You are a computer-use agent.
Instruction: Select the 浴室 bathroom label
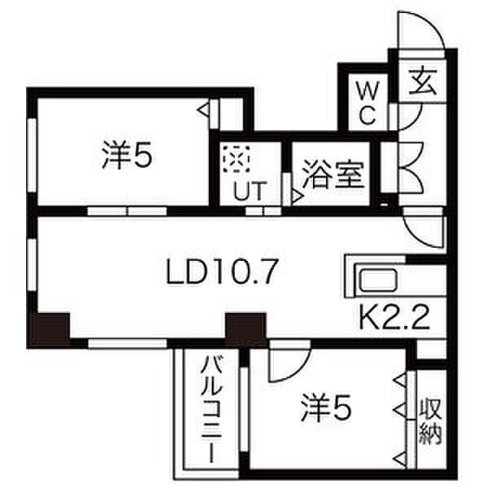[333, 177]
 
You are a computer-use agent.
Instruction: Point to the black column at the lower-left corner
[48, 329]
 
